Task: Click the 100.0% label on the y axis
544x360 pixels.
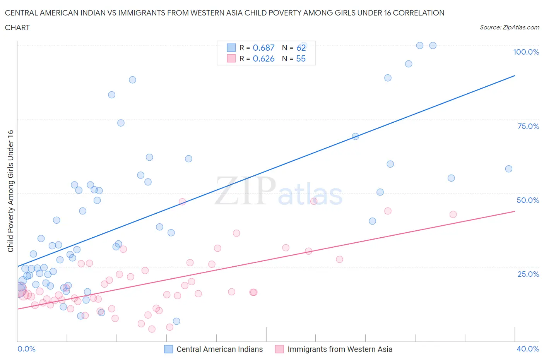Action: click(x=526, y=52)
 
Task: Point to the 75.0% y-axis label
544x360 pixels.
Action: click(x=528, y=126)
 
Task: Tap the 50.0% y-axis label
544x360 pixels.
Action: click(x=528, y=200)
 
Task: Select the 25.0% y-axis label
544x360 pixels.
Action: click(x=528, y=274)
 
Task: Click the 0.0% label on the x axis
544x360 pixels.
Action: click(x=26, y=349)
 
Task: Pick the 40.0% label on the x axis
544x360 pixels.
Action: click(x=528, y=349)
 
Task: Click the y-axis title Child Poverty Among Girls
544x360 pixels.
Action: click(x=10, y=191)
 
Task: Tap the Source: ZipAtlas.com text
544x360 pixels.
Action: click(x=509, y=27)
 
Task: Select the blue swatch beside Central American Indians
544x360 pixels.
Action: click(x=169, y=349)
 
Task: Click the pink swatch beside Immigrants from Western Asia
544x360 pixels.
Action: click(x=279, y=349)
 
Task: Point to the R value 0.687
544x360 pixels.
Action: click(x=263, y=48)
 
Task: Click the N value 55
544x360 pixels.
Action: click(x=301, y=58)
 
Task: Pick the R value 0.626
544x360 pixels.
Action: click(x=263, y=58)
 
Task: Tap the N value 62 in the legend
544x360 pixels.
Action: click(x=301, y=48)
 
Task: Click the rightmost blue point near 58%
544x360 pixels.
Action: click(x=508, y=169)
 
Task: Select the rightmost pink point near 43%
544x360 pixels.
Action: click(x=453, y=214)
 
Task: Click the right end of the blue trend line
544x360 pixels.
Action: click(x=515, y=76)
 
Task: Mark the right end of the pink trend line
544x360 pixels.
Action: click(x=515, y=211)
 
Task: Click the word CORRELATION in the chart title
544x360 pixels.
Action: click(x=419, y=13)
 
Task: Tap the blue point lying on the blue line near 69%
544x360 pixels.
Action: click(x=355, y=136)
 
